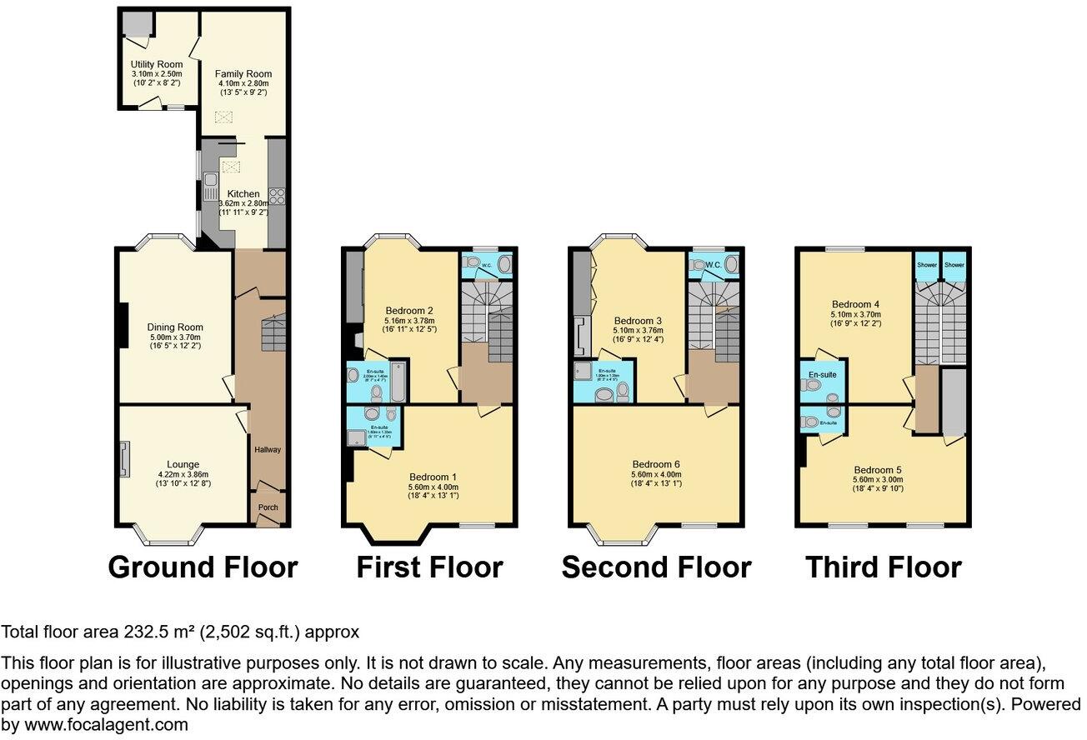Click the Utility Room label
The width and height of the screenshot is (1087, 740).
point(156,64)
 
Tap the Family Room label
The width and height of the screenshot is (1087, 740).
point(243,74)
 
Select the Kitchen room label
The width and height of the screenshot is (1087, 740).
point(243,193)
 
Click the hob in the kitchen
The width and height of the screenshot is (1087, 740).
point(276,197)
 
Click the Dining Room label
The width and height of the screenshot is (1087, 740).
point(175,327)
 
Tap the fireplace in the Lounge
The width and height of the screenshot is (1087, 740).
point(124,459)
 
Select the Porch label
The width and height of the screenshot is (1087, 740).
point(268,507)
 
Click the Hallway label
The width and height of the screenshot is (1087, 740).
point(268,450)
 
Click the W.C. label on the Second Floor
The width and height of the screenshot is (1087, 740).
point(713,266)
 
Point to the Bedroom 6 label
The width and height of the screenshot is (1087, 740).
point(656,464)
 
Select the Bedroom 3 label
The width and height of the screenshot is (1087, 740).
point(638,321)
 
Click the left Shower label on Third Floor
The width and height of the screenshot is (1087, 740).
point(927,265)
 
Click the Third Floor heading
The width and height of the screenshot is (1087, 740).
point(883,567)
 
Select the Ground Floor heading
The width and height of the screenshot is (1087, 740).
point(203,567)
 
